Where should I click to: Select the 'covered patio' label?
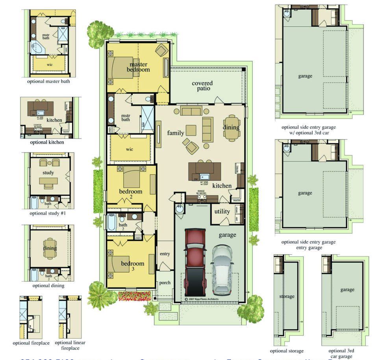point(202,86)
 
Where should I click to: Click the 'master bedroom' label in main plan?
point(138,67)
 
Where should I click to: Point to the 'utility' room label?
point(222,212)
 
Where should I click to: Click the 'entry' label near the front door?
point(165,254)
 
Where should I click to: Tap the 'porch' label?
point(165,283)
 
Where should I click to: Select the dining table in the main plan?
point(232,128)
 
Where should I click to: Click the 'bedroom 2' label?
point(131,195)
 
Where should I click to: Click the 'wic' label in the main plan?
point(130,150)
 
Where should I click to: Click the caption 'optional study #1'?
point(48,213)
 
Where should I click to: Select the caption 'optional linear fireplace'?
point(70,345)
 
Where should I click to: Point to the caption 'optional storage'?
point(287,351)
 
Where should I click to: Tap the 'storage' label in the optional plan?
point(287,296)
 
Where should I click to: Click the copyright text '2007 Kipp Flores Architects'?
point(204,299)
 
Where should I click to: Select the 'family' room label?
point(176,133)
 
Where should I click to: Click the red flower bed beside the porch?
point(134,295)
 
